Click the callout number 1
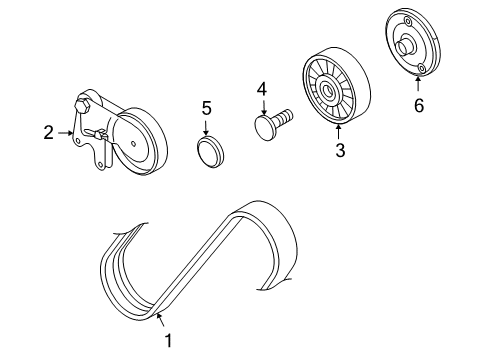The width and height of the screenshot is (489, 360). coord(169,341)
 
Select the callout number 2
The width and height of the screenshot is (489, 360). coord(49,133)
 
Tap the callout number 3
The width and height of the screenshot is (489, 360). coord(340,150)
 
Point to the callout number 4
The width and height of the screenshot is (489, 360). coord(262,89)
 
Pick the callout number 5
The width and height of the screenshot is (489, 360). coord(207,108)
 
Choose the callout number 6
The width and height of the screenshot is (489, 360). coord(419,105)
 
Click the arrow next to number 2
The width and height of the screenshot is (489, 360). coord(66,133)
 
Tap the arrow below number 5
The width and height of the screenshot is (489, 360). coord(206,128)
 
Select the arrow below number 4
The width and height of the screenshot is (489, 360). coord(264,108)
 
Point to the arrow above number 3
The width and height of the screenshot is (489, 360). coord(339,131)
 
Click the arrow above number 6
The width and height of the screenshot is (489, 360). coord(417,83)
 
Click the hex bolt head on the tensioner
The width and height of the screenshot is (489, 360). coord(82,107)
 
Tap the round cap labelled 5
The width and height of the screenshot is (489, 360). coord(210,152)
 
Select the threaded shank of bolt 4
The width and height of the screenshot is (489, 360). coord(282,117)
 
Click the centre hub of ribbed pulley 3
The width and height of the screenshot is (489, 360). coord(325,89)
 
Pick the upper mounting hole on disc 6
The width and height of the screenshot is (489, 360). coord(407,22)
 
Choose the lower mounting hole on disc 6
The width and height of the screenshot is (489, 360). coord(422,68)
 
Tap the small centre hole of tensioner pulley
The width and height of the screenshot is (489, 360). coord(133,144)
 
